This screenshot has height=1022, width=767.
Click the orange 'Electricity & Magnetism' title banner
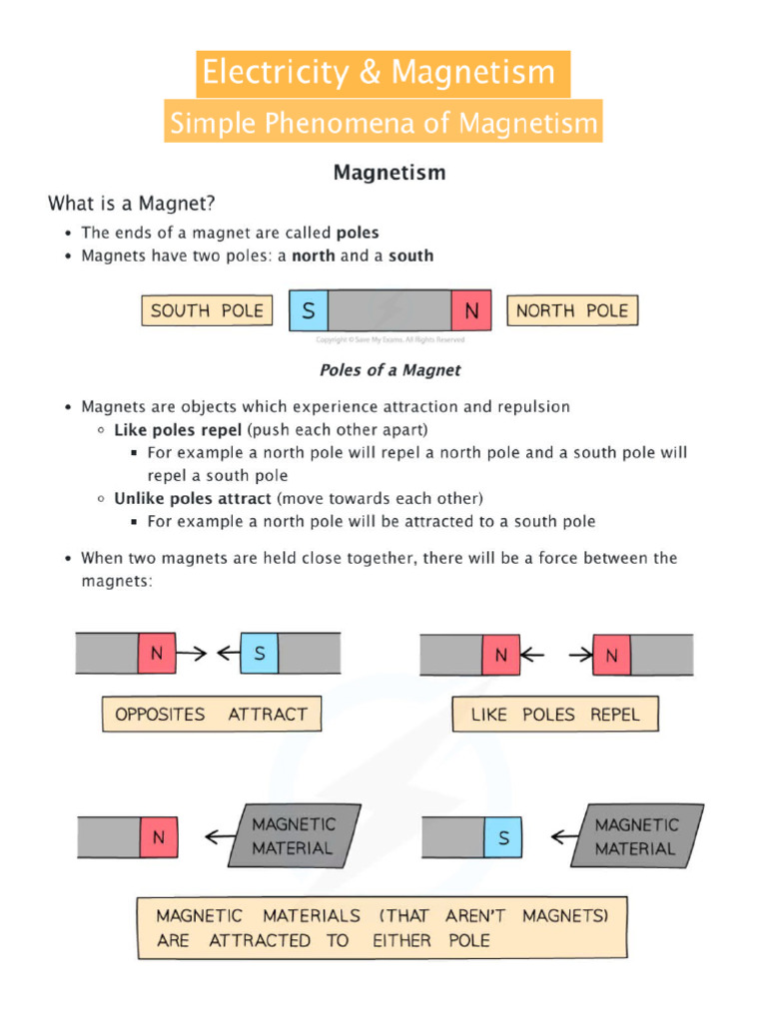pos(383,74)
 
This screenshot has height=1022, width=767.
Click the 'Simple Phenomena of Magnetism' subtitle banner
pos(383,124)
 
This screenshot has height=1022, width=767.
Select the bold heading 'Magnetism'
pos(389,173)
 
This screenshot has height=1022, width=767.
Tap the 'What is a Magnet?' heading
pos(132,204)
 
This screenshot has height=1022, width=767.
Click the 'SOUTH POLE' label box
pos(207,311)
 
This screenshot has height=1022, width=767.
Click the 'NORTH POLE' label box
pos(571,311)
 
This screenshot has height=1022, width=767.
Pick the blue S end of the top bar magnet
pos(308,311)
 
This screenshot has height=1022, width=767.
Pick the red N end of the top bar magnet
pos(471,311)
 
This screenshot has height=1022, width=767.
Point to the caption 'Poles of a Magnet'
pos(389,370)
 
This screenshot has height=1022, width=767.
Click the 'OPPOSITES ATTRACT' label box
pos(212,715)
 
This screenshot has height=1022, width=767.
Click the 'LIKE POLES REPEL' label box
pos(554,715)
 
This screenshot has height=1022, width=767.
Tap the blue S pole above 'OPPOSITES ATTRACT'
pos(260,655)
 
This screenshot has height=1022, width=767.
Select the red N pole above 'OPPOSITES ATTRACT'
pos(157,655)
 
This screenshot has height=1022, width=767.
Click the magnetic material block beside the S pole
pos(636,836)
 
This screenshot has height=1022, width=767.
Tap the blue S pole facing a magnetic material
pos(503,837)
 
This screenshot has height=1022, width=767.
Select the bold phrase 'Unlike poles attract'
pos(192,498)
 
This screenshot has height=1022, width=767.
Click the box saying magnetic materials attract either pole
pos(382,928)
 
